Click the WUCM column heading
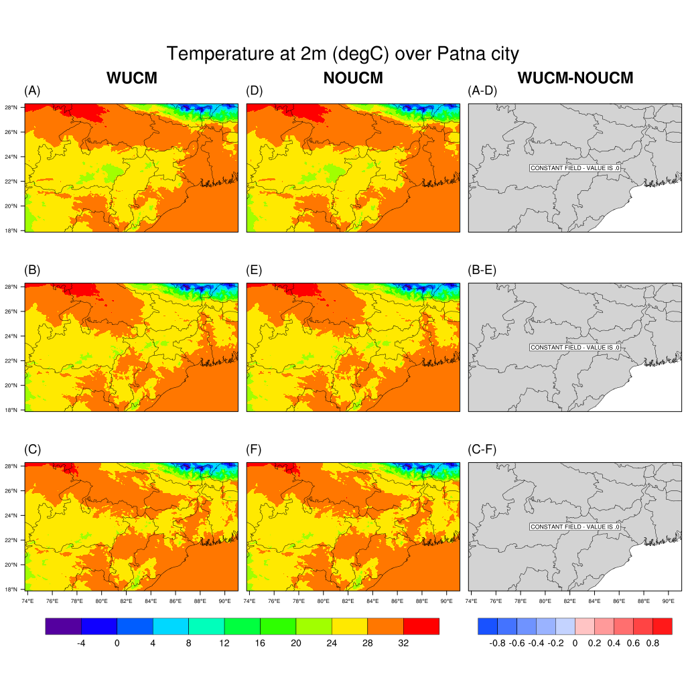pyautogui.click(x=131, y=78)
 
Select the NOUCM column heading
pyautogui.click(x=353, y=78)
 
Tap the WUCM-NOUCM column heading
pyautogui.click(x=575, y=78)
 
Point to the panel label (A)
pyautogui.click(x=32, y=91)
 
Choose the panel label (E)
pyautogui.click(x=255, y=271)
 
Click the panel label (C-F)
pyautogui.click(x=482, y=450)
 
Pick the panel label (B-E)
pyautogui.click(x=482, y=271)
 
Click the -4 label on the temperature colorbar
pyautogui.click(x=80, y=643)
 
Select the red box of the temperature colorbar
pyautogui.click(x=421, y=626)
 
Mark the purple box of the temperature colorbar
pyautogui.click(x=63, y=626)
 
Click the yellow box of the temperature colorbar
pyautogui.click(x=349, y=626)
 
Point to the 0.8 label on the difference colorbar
pyautogui.click(x=653, y=643)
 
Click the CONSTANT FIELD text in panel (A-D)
pyautogui.click(x=574, y=168)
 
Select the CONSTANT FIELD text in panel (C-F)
pyautogui.click(x=574, y=527)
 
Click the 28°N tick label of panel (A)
pyautogui.click(x=11, y=107)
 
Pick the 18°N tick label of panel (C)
pyautogui.click(x=11, y=590)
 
